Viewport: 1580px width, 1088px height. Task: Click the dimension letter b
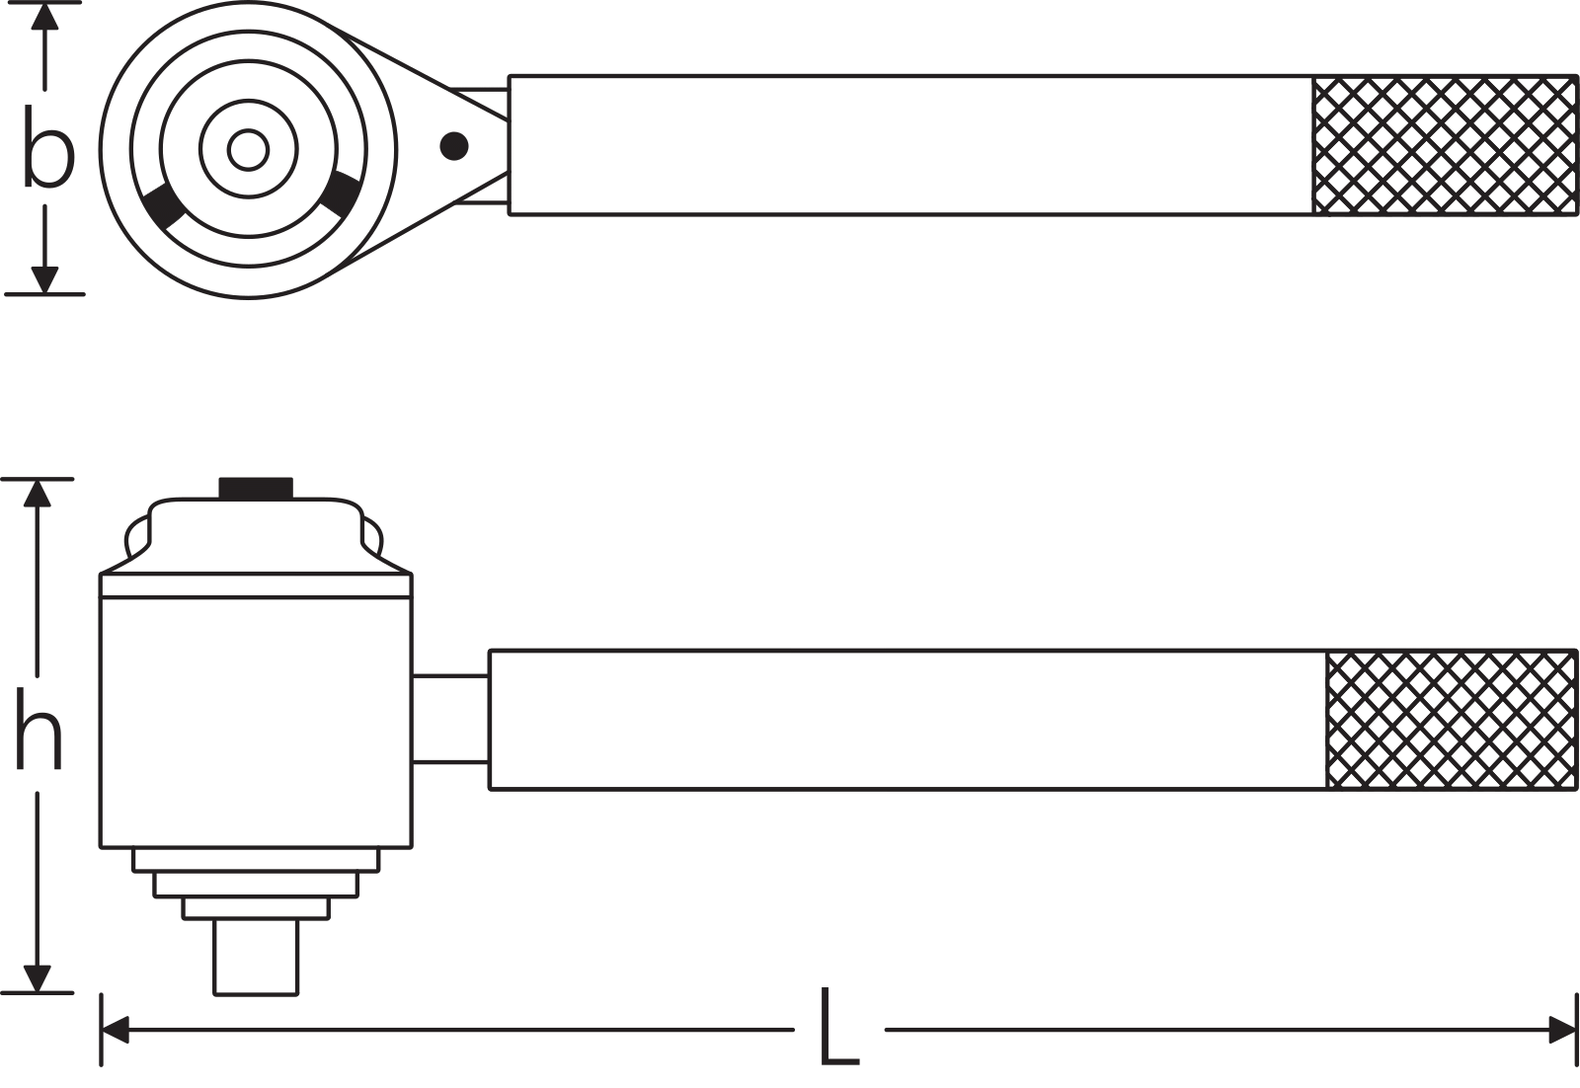pyautogui.click(x=48, y=147)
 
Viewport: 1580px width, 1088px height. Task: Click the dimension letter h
pyautogui.click(x=39, y=728)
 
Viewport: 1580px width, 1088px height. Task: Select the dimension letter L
pyautogui.click(x=838, y=1027)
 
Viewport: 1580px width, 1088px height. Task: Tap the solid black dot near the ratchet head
pyautogui.click(x=453, y=146)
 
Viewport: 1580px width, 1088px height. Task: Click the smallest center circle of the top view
pyautogui.click(x=248, y=149)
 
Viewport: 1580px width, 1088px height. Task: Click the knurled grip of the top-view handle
pyautogui.click(x=1445, y=144)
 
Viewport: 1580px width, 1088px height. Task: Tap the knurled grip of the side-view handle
pyautogui.click(x=1451, y=720)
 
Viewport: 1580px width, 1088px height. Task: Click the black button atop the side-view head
pyautogui.click(x=256, y=488)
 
